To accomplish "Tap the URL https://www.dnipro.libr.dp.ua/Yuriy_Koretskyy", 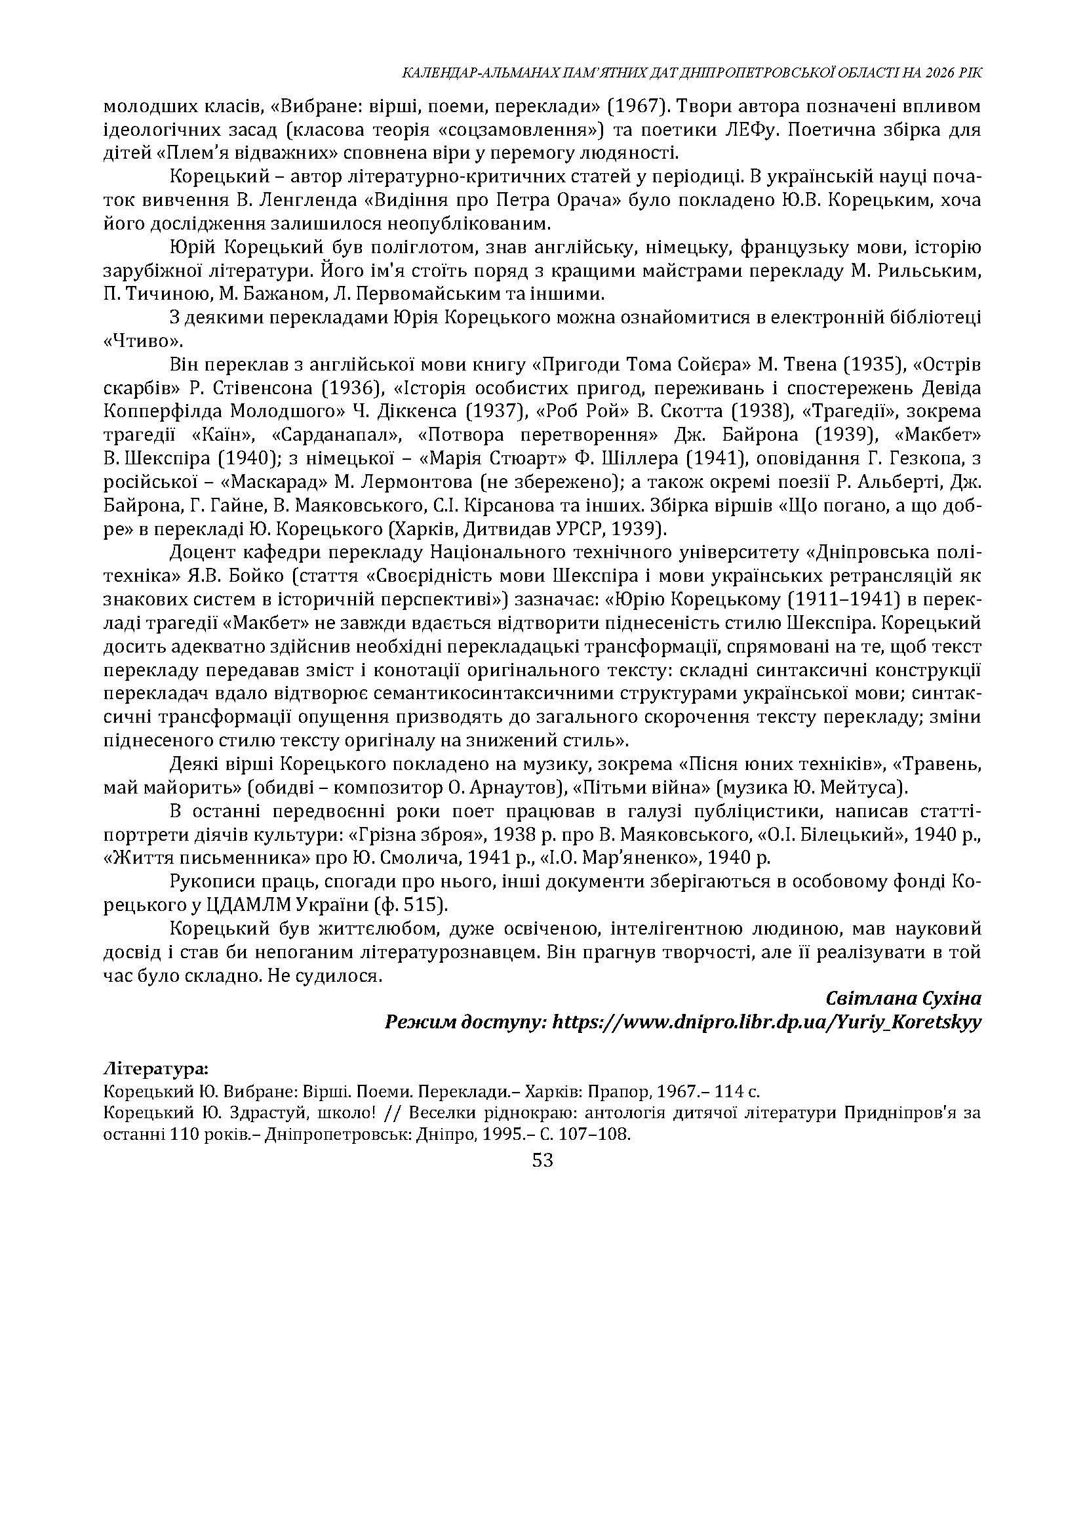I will pyautogui.click(x=768, y=1022).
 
